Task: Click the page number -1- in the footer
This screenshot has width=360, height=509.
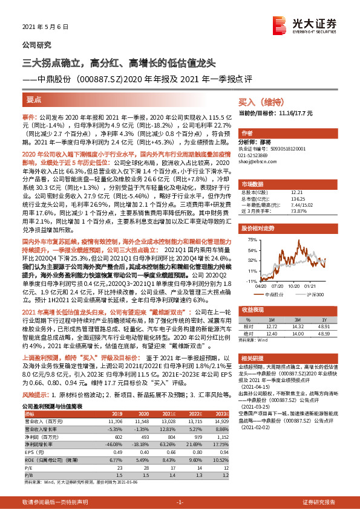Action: [x=180, y=502]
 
